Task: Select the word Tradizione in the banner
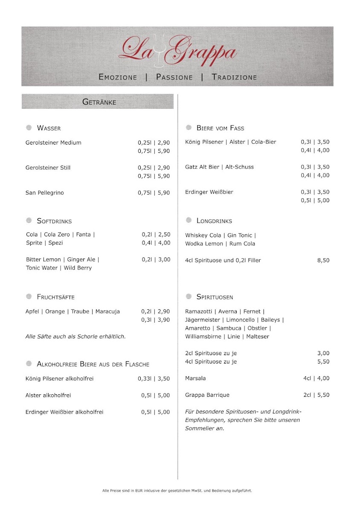234,77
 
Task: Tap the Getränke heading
99,102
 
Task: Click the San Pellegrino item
45,193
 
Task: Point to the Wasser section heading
49,128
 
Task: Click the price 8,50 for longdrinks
323,260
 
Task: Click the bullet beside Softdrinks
29,221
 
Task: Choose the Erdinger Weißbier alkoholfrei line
64,412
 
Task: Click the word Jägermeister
203,320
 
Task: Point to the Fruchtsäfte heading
55,297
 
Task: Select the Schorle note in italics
75,337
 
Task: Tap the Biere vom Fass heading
220,128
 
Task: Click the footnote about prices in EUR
177,491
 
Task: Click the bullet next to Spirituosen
189,296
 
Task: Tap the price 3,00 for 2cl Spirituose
323,353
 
